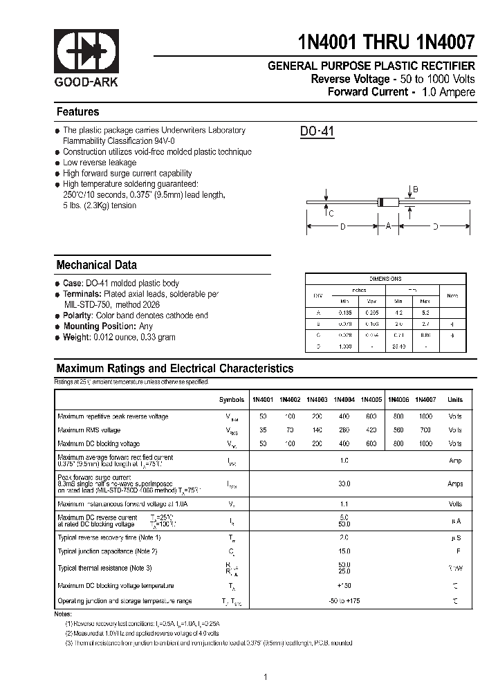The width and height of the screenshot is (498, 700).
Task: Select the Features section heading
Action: (x=77, y=112)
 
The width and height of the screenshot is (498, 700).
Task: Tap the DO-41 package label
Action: (x=317, y=131)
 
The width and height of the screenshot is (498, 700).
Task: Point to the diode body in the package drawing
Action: (x=388, y=203)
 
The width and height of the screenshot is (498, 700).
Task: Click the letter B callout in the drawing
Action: (x=416, y=190)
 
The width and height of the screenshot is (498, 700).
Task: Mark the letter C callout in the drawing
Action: (x=331, y=214)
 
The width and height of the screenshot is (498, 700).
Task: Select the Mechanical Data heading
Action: (x=96, y=265)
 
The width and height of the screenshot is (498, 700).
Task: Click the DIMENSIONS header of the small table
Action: (x=385, y=279)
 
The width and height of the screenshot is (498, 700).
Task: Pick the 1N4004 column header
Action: (x=344, y=400)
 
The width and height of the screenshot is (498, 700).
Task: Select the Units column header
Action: (x=455, y=400)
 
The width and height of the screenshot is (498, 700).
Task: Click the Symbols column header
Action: (x=232, y=400)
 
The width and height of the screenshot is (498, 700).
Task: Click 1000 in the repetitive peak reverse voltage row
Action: (x=425, y=416)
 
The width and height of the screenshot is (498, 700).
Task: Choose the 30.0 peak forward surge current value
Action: (x=344, y=484)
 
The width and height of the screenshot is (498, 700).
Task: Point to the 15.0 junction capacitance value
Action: (x=344, y=551)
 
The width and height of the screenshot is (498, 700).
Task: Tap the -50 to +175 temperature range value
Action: (x=344, y=601)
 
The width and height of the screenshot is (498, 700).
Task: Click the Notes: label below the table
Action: (x=63, y=614)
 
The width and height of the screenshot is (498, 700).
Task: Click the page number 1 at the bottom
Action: (x=266, y=677)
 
